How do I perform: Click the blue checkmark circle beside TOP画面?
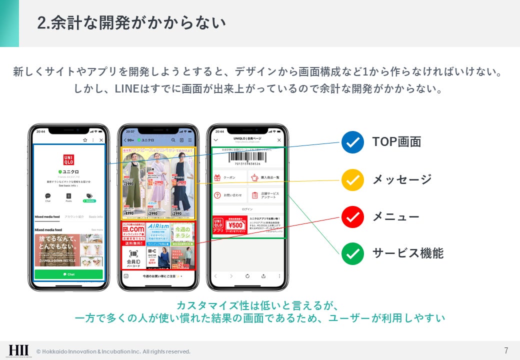click(x=352, y=142)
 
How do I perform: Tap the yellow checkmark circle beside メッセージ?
click(x=352, y=179)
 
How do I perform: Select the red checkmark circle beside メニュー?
click(x=352, y=217)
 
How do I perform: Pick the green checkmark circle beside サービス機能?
click(x=352, y=253)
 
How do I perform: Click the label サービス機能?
click(x=407, y=253)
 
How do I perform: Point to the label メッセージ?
click(x=401, y=179)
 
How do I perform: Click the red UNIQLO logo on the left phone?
click(x=68, y=160)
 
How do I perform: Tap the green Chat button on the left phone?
click(x=68, y=274)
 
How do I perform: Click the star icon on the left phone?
click(x=85, y=140)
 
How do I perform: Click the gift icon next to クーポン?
click(x=217, y=177)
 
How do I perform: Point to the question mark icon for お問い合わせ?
click(x=217, y=195)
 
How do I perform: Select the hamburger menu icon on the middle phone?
click(x=190, y=140)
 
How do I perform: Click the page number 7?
click(x=506, y=350)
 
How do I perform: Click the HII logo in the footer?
click(x=18, y=350)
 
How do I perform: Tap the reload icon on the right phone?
click(x=247, y=276)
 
